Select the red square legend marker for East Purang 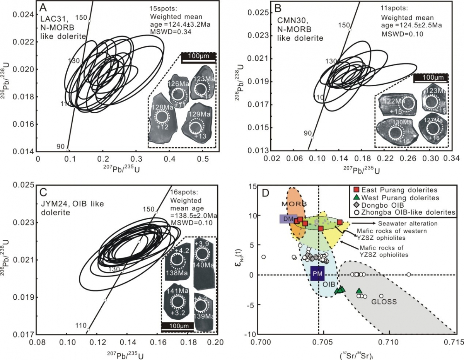click(357, 190)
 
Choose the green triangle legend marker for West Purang click(357, 198)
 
